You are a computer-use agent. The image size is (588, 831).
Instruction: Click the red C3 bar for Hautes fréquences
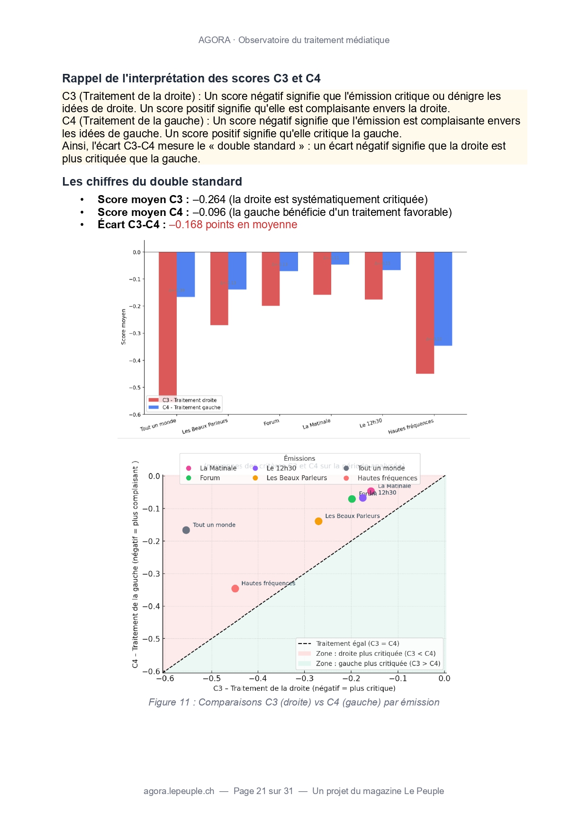pyautogui.click(x=425, y=313)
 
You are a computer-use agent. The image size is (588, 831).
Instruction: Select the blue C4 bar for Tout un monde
pyautogui.click(x=186, y=274)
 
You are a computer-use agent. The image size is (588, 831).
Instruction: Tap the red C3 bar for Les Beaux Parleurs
pyautogui.click(x=219, y=288)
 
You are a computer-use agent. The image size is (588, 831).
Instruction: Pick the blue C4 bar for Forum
pyautogui.click(x=289, y=261)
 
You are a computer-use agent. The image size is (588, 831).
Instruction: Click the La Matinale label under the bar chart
pyautogui.click(x=317, y=424)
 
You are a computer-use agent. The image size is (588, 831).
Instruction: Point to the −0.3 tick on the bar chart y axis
pyautogui.click(x=135, y=333)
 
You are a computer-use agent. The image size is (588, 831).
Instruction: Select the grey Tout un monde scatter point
pyautogui.click(x=186, y=530)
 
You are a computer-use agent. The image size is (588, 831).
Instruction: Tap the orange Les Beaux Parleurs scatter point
pyautogui.click(x=318, y=521)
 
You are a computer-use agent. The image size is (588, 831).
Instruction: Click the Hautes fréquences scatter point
pyautogui.click(x=235, y=589)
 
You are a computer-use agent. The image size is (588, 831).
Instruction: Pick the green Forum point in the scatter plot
pyautogui.click(x=352, y=499)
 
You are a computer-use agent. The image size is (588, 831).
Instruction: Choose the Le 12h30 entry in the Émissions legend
pyautogui.click(x=281, y=468)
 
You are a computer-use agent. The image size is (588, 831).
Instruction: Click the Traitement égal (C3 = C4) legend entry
pyautogui.click(x=357, y=643)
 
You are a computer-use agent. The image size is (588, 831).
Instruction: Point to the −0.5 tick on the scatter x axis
pyautogui.click(x=211, y=679)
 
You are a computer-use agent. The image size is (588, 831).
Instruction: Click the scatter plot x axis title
pyautogui.click(x=304, y=688)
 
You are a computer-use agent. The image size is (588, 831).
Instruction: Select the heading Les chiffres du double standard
pyautogui.click(x=152, y=182)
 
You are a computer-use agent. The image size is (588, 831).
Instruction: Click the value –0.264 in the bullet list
pyautogui.click(x=209, y=199)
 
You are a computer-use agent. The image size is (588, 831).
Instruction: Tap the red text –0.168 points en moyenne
pyautogui.click(x=233, y=224)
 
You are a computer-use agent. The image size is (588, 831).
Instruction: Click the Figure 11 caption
pyautogui.click(x=294, y=702)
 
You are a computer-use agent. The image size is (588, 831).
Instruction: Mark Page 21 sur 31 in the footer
pyautogui.click(x=263, y=791)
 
